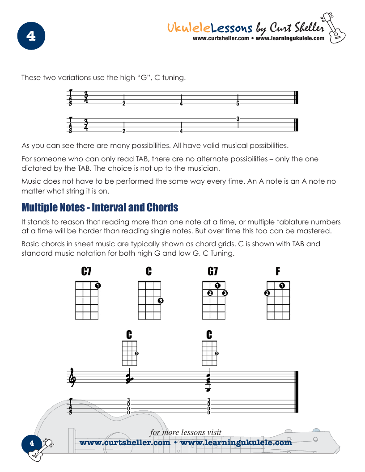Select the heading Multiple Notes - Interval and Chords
click(x=100, y=208)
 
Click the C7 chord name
click(x=87, y=271)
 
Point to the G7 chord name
click(x=213, y=271)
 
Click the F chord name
click(x=278, y=271)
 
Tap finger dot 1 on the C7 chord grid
click(x=98, y=286)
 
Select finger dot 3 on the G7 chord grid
click(x=225, y=293)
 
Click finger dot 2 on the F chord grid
click(x=267, y=293)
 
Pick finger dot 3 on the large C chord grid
click(x=161, y=301)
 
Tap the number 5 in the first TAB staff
click(x=238, y=104)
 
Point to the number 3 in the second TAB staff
click(x=238, y=118)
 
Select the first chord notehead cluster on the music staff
click(x=129, y=379)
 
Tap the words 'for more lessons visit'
click(x=186, y=432)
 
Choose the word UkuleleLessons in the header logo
click(x=210, y=28)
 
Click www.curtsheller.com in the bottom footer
click(x=125, y=442)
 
